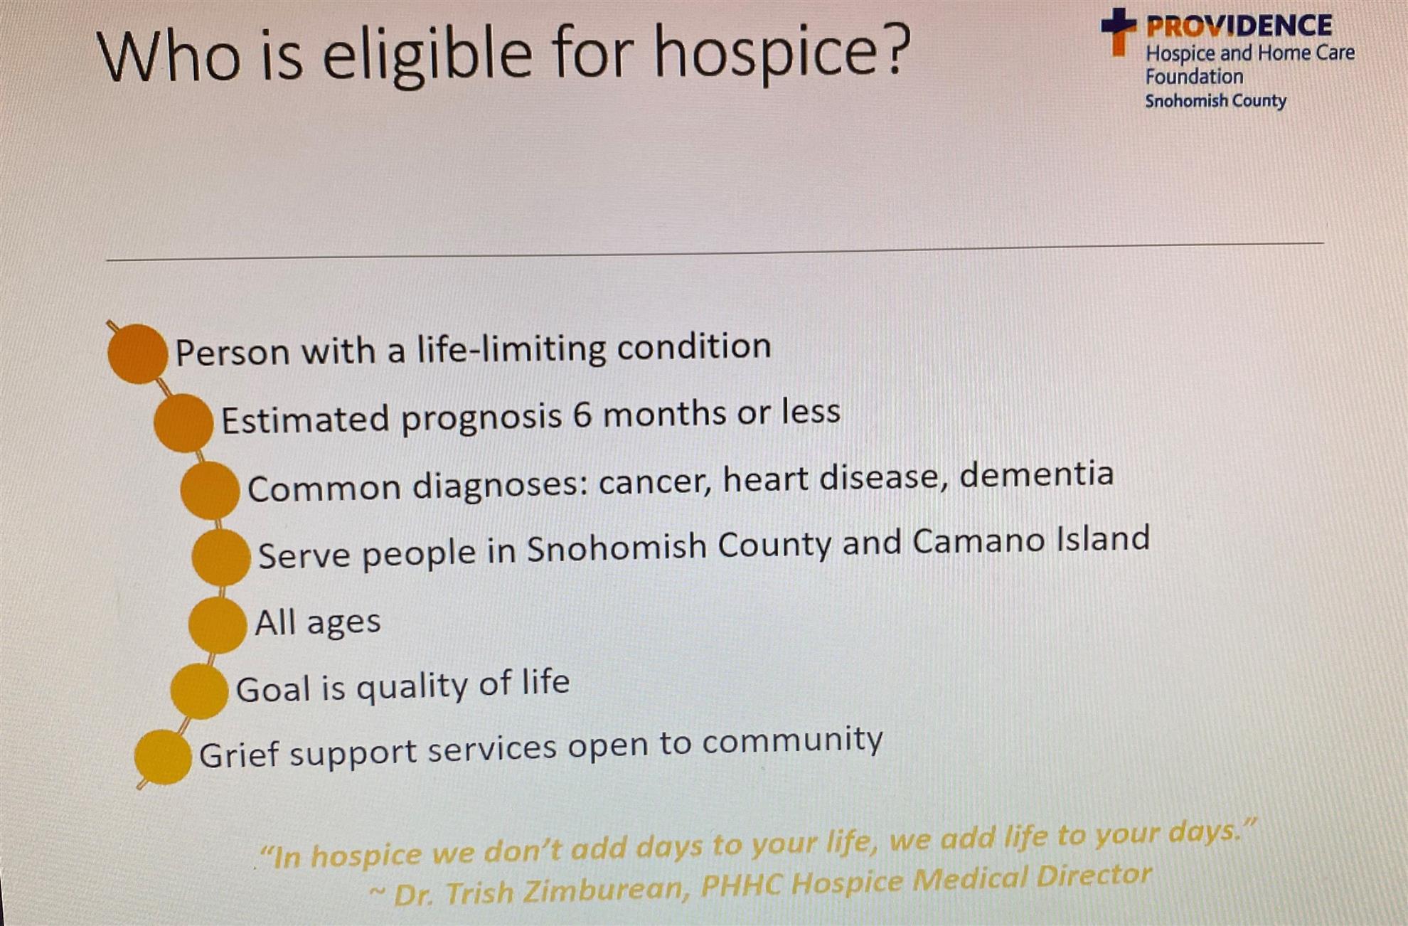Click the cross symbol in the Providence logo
coord(1119,31)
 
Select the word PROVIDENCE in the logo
coord(1239,26)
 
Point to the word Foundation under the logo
coord(1194,76)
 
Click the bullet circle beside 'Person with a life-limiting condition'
coord(137,353)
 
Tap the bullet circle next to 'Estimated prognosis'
coord(183,423)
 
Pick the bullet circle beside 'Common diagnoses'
coord(210,490)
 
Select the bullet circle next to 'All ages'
coord(218,624)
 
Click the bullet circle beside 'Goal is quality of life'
coord(199,691)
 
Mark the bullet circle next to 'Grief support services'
coord(163,757)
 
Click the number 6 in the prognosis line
coord(582,415)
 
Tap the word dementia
coord(1036,474)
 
